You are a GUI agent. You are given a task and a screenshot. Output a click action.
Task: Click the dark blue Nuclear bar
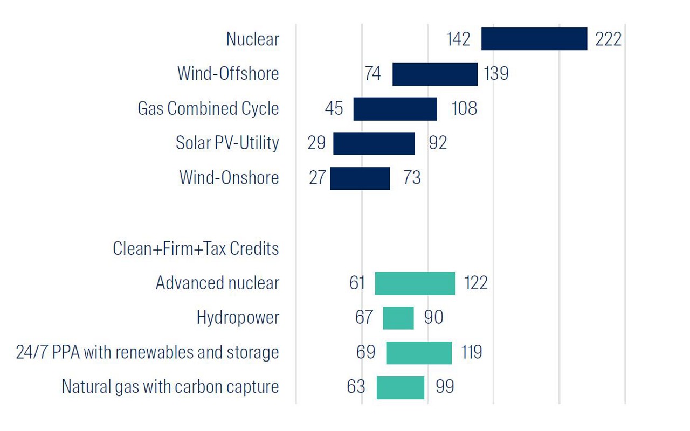coord(534,39)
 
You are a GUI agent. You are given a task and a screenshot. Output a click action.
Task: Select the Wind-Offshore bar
coord(434,74)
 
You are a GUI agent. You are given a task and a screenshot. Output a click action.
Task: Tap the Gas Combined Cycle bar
coord(395,109)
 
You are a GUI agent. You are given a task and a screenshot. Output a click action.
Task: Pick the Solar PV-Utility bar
coord(374,143)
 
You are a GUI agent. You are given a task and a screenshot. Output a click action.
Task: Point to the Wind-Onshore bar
coord(360,178)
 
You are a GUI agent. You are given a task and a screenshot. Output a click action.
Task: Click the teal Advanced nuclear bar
coord(415,283)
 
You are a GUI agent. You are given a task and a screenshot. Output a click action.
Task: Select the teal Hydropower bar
coord(398,318)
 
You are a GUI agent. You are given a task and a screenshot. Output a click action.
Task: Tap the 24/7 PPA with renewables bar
coord(419,353)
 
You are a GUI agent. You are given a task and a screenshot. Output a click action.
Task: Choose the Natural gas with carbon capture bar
coord(401,387)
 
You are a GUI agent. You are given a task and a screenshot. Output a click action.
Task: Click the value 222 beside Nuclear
coord(608,39)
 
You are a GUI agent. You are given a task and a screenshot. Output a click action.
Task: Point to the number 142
coord(458,39)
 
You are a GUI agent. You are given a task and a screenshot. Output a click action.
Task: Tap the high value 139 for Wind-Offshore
coord(496,74)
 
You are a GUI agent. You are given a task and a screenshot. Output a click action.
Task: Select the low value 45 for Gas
coord(334,109)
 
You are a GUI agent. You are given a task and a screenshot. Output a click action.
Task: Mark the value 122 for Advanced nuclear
coord(475,283)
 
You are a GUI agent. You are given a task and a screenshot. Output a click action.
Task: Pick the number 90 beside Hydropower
coord(433,318)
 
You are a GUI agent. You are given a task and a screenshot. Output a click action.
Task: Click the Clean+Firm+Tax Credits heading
coord(196,249)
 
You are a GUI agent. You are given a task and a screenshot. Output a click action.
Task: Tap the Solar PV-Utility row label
coord(227,143)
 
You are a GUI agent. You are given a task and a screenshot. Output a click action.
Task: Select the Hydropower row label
coord(238,318)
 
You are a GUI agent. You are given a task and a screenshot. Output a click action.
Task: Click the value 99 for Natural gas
coord(445,387)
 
